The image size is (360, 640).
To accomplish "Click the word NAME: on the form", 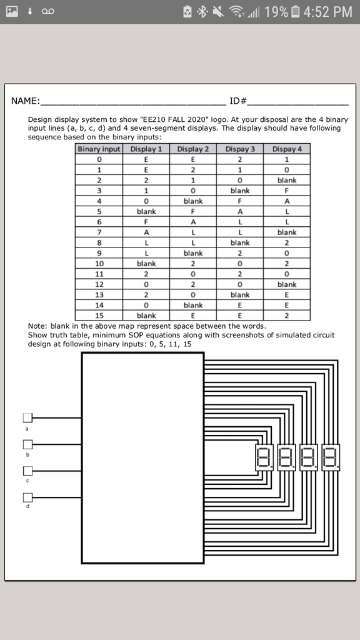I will (26, 101).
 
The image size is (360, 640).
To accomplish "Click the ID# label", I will (238, 101).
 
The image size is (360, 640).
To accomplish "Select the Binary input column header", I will (99, 149).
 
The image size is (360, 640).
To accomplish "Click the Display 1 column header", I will (146, 149).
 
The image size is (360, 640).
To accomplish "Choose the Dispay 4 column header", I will (287, 149).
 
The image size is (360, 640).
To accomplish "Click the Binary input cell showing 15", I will (99, 316).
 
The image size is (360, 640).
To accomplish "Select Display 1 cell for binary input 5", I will (146, 211).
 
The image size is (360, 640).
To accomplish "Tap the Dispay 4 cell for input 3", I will (287, 191).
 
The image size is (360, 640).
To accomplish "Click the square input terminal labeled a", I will (27, 417).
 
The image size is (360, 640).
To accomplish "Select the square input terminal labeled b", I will (27, 444).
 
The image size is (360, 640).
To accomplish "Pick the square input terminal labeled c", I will (27, 471).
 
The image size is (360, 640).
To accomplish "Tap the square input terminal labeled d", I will (27, 497).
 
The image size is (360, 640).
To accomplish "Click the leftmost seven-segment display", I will (265, 458).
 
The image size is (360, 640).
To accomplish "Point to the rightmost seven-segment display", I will (331, 458).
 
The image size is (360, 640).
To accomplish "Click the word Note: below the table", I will (38, 326).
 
